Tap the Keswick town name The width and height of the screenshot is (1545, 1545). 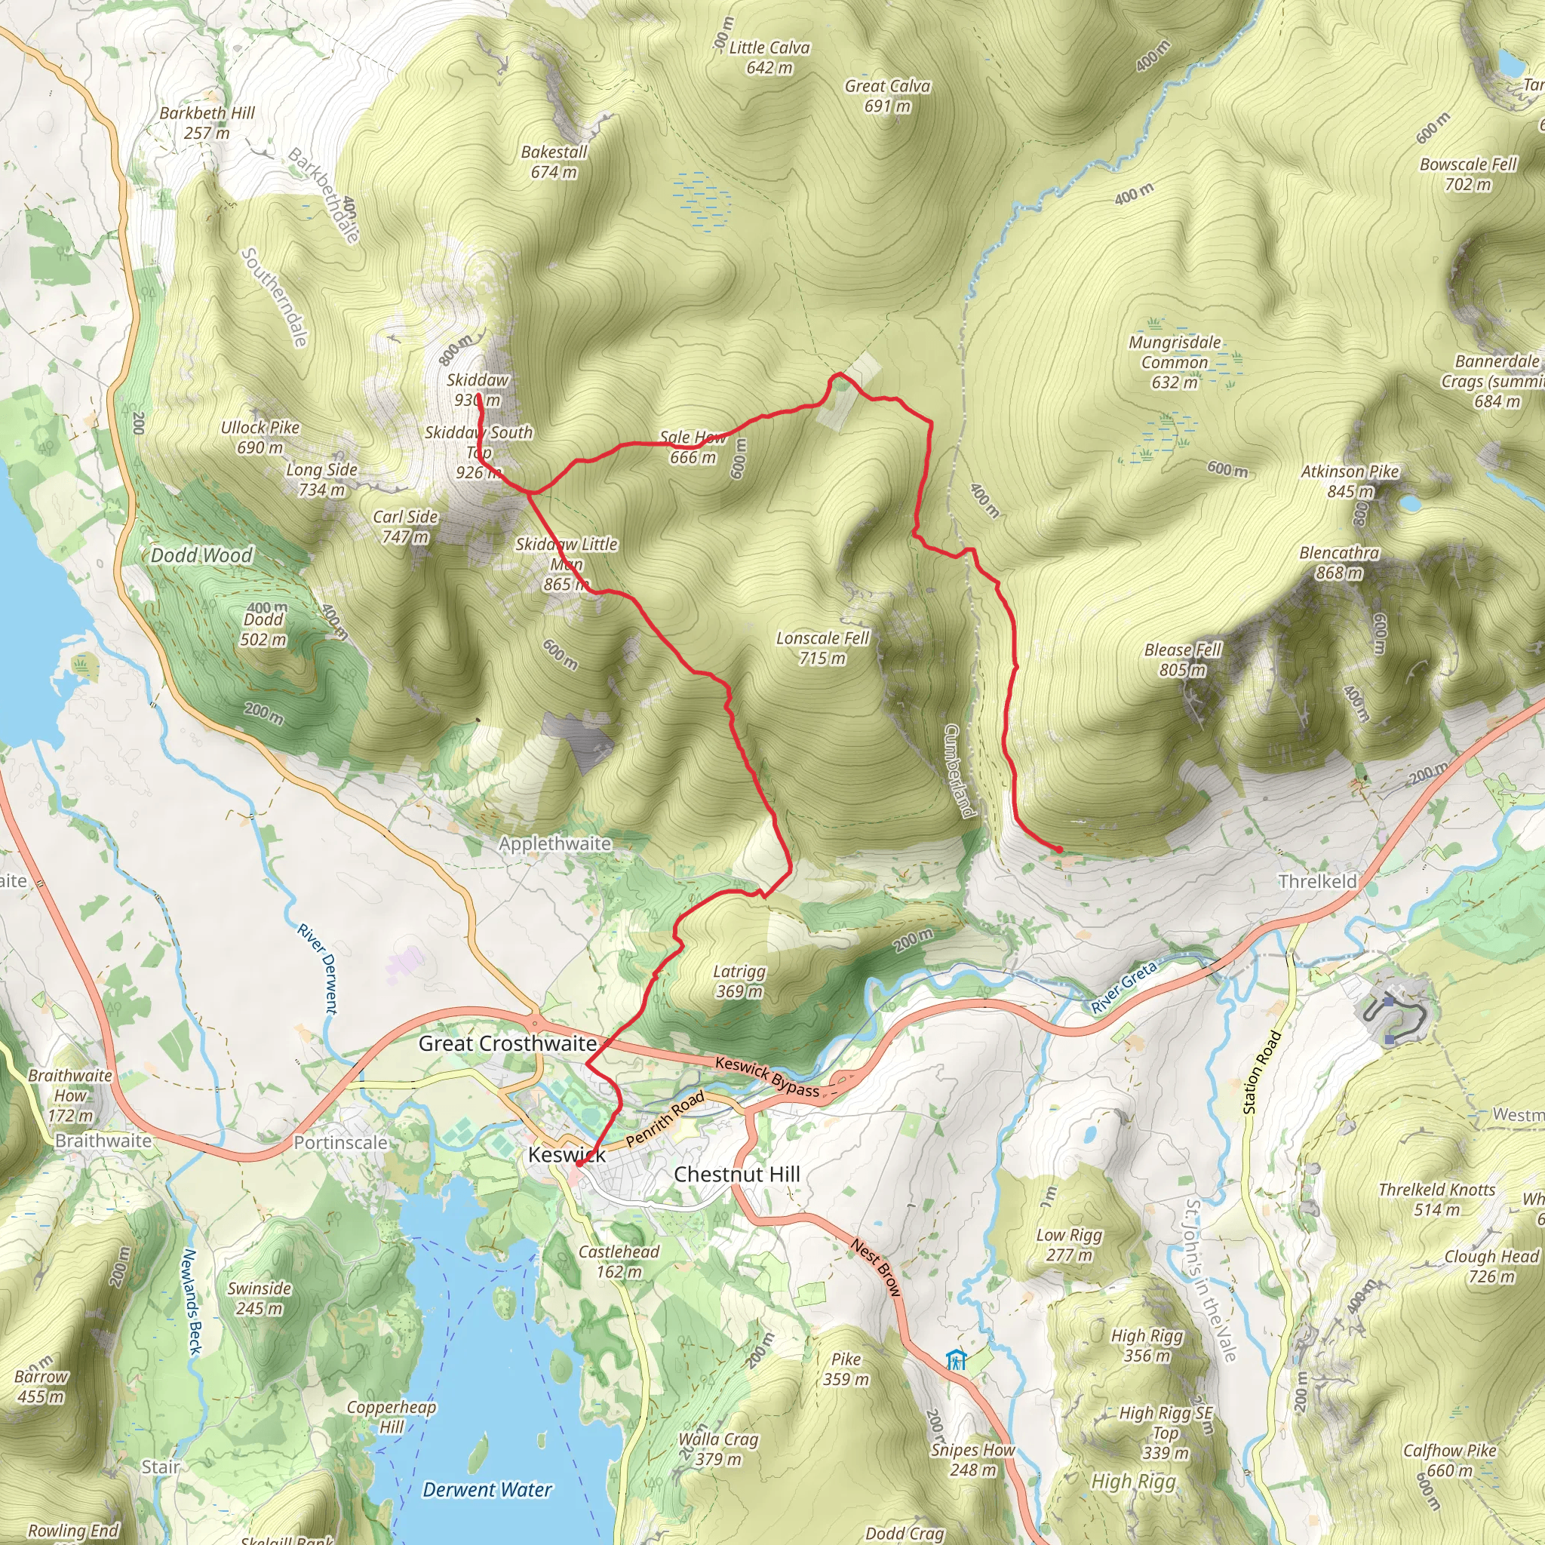[x=567, y=1155]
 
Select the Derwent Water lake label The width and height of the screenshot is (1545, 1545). [x=487, y=1490]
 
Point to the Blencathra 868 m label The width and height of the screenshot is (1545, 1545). [x=1339, y=562]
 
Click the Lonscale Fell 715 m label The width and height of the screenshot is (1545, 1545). [x=822, y=648]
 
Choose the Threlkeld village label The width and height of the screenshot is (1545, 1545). [x=1317, y=881]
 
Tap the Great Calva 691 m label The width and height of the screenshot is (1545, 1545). [x=887, y=95]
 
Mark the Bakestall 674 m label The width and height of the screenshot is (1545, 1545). [x=554, y=161]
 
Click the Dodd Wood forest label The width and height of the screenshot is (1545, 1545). [x=201, y=555]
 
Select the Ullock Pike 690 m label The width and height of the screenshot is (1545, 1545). [x=260, y=437]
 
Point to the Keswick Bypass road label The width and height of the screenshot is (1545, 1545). [x=767, y=1076]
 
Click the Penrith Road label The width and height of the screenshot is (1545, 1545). [x=665, y=1118]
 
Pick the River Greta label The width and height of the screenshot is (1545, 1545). [x=1123, y=988]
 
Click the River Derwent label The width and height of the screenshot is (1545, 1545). [x=318, y=969]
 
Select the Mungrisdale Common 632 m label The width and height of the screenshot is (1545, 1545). [x=1174, y=361]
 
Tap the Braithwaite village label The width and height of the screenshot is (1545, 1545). [x=103, y=1141]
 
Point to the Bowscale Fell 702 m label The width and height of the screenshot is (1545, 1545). [x=1467, y=174]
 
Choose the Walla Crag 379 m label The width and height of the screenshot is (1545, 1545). [x=717, y=1449]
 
